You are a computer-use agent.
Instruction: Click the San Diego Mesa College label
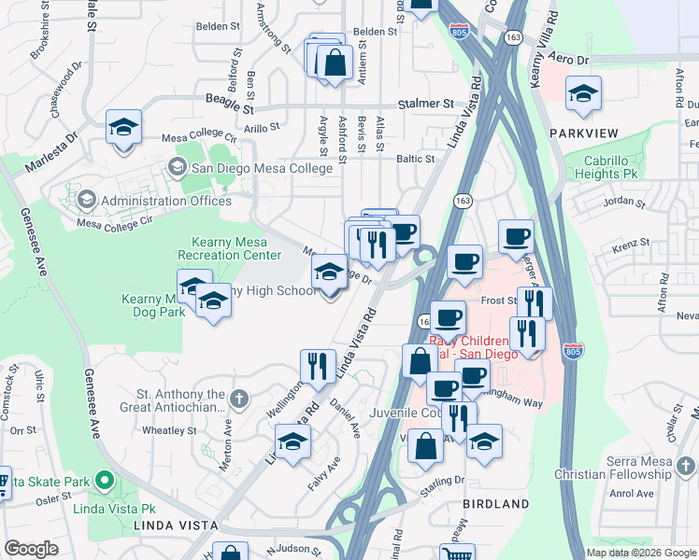point(262,168)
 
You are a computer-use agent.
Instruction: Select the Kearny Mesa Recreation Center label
point(236,248)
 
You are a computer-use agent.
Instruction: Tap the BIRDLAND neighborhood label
point(495,504)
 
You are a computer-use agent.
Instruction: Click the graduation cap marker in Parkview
point(584,94)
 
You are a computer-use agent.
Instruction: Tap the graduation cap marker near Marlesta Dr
point(123,128)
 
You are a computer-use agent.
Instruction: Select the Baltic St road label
point(416,160)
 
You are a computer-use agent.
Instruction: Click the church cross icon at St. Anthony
point(239,399)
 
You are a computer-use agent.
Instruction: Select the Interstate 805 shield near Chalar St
point(573,352)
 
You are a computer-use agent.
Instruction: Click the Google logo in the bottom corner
point(32,549)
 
